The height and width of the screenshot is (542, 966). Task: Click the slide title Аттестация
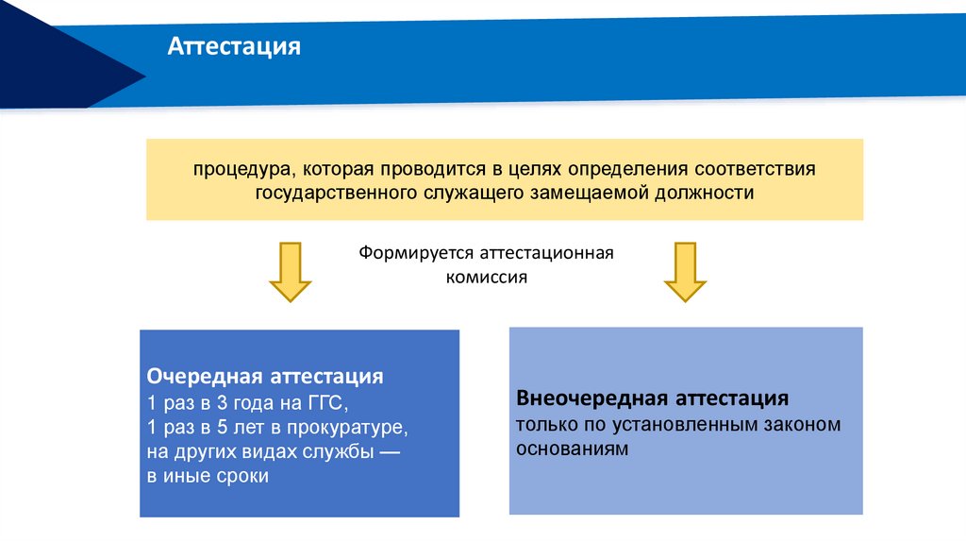click(234, 46)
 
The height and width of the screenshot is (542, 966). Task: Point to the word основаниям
click(572, 449)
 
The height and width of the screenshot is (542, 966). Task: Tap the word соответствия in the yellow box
click(754, 170)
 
